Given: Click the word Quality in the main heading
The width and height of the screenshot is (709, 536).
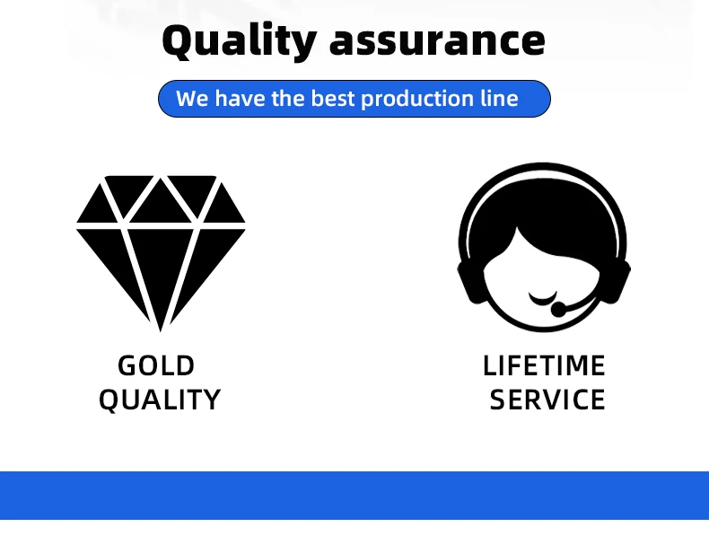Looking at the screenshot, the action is pos(240,40).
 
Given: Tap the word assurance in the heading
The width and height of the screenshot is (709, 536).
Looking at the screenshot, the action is pos(437,41).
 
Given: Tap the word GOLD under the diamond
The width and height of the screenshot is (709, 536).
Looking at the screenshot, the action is pos(156,365).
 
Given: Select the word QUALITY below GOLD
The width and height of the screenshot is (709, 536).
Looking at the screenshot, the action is pos(160,400).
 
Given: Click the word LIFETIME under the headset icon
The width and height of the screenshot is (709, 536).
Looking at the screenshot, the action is pos(544,365).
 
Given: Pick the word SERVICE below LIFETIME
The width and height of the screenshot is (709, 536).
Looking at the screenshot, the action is pos(547,400).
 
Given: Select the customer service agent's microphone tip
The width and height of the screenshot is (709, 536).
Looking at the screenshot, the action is pos(557,310).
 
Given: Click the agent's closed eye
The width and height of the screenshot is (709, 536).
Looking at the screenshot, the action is pos(543,299).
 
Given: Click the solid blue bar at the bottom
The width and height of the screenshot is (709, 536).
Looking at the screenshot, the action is pos(354,496).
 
